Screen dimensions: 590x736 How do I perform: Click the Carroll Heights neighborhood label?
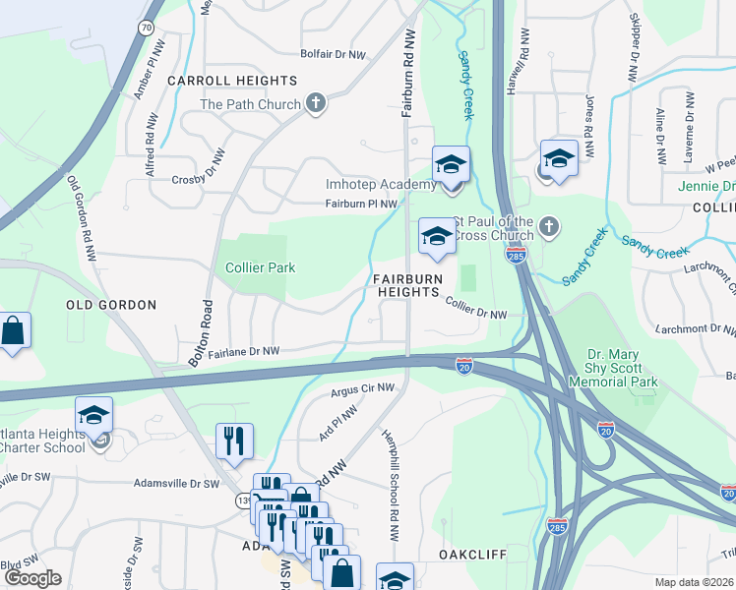tap(232, 80)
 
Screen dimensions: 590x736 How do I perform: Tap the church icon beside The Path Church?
tap(316, 103)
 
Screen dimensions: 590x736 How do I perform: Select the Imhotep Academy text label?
tap(380, 185)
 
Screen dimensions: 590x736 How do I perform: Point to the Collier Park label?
tap(260, 267)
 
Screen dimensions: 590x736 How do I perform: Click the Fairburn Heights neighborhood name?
tap(405, 286)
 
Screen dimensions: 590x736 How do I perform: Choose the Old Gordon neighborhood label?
tap(111, 305)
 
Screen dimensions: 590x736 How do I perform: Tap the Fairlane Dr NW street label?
tap(243, 350)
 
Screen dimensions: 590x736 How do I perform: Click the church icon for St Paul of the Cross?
tap(550, 228)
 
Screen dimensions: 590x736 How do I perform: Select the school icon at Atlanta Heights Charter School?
tap(93, 415)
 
